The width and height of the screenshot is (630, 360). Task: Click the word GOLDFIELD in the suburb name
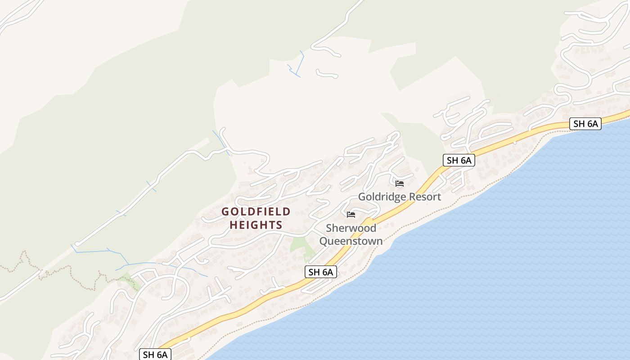coord(256,211)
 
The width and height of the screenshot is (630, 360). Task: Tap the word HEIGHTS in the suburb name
coord(256,225)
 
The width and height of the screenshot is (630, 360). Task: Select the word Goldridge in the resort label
coord(382,197)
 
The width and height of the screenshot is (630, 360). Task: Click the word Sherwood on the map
coord(351,228)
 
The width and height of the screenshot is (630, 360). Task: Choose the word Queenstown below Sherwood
coord(351,241)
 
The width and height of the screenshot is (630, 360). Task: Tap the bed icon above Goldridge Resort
coord(399,184)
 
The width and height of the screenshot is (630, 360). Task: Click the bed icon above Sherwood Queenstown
coord(351,215)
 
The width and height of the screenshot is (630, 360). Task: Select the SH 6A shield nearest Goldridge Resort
coord(459,160)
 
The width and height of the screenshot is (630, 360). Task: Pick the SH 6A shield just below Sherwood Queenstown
coord(320,272)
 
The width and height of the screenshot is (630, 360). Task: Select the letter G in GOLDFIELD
coord(225,211)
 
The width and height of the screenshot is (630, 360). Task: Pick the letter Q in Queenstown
coord(324,241)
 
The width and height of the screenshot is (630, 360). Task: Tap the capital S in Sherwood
coord(329,228)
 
